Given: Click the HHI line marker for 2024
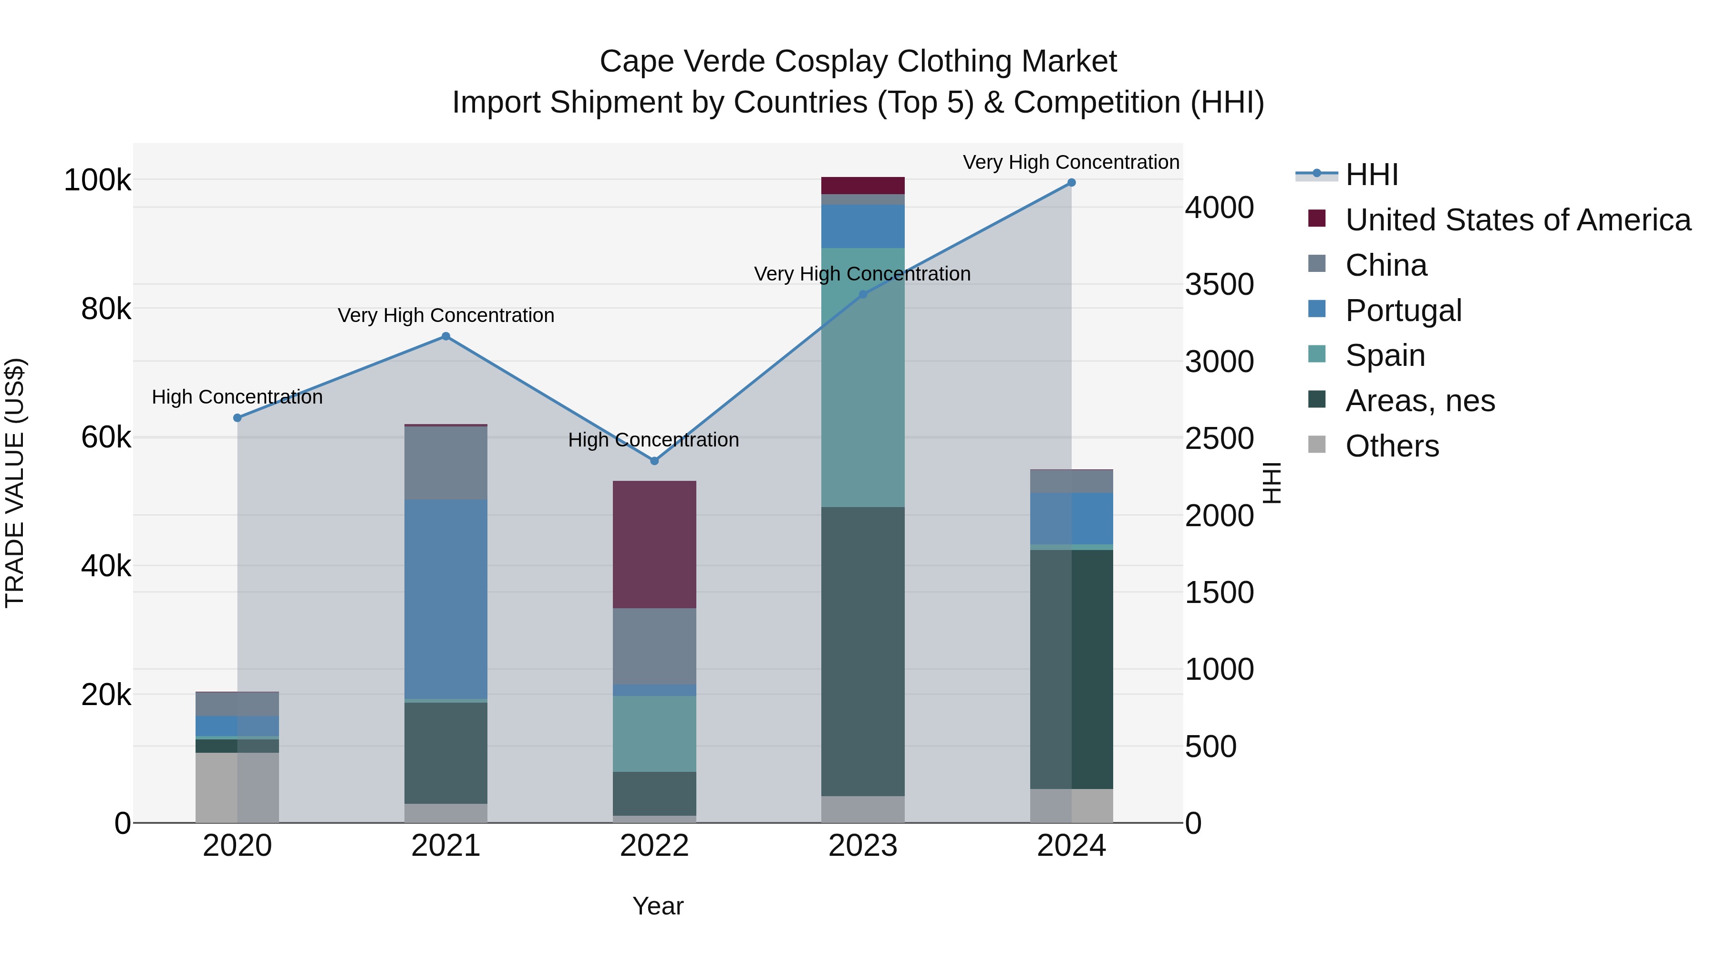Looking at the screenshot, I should click(1071, 183).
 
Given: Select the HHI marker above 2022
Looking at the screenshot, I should click(654, 461).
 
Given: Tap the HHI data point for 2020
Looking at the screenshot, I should click(238, 418).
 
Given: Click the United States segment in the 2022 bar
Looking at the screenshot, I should click(654, 544).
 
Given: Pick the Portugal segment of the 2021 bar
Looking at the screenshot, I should click(445, 599).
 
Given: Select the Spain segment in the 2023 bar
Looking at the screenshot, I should click(862, 377).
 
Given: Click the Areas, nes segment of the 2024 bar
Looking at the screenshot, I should click(1071, 669).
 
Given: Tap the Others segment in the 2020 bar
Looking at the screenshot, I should click(238, 787).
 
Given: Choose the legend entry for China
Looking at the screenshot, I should click(1386, 265).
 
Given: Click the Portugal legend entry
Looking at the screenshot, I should click(1403, 311).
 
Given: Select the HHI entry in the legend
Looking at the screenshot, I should click(1371, 175).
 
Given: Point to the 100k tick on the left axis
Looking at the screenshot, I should click(97, 180).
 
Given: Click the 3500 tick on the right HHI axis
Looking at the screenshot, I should click(1219, 285).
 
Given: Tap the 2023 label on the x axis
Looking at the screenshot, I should click(862, 846).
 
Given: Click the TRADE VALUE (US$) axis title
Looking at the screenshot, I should click(15, 483).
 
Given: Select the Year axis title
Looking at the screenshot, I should click(657, 906).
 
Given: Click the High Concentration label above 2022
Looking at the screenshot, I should click(653, 440).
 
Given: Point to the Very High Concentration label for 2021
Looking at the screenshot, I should click(445, 315).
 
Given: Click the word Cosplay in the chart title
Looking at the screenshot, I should click(825, 62).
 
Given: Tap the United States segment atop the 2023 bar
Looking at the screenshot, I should click(862, 186).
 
